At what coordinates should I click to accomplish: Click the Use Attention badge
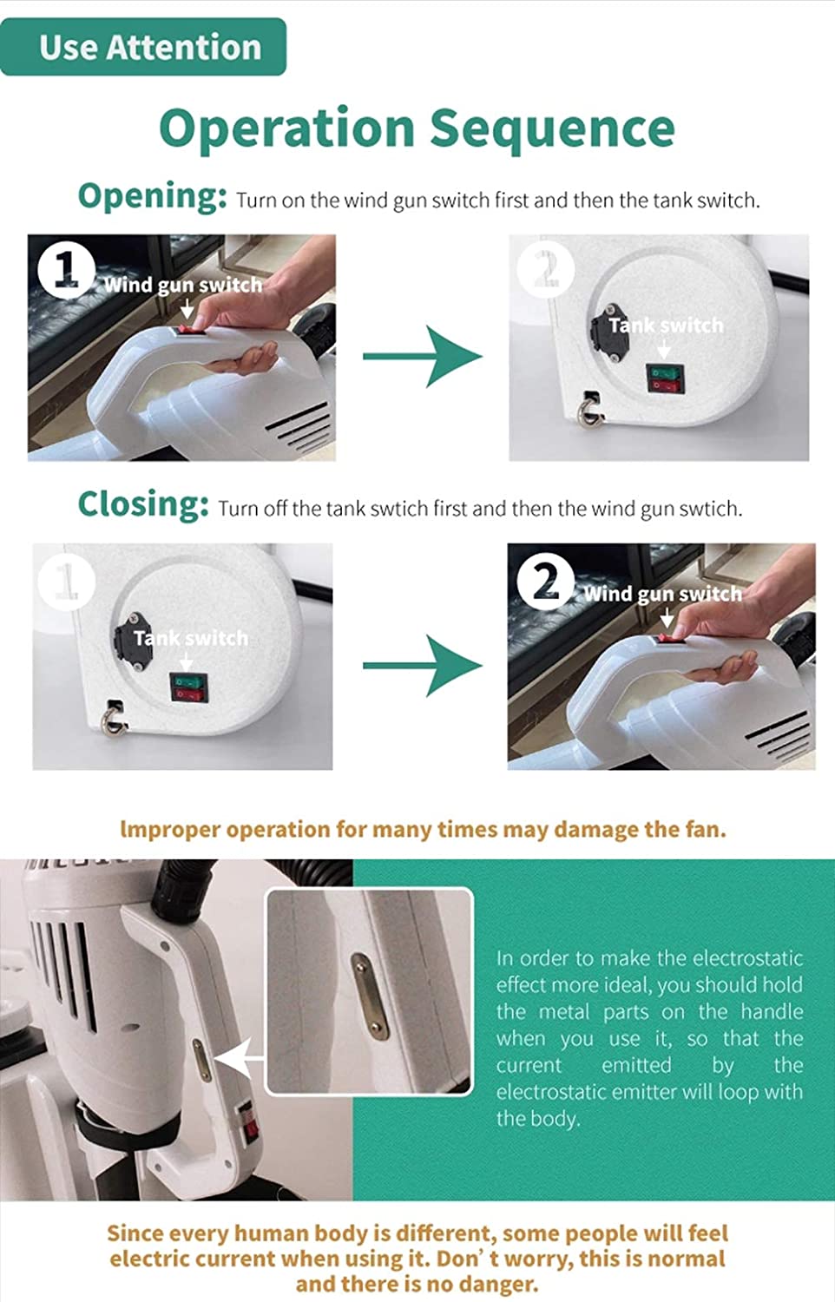coord(143,47)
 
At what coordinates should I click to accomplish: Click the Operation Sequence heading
coord(417,129)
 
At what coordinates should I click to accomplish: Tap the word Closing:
coord(143,504)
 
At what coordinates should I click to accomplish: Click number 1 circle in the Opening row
coord(66,270)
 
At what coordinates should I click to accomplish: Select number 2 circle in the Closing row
coord(546,581)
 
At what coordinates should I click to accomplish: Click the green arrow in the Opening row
coord(423,356)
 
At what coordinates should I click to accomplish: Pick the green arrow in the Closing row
coord(423,666)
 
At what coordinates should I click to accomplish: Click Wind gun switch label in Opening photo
coord(182,286)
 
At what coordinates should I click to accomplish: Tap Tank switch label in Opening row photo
coord(666,325)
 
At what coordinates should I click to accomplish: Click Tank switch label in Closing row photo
coord(191,638)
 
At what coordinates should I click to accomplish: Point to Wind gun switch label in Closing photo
coord(662,594)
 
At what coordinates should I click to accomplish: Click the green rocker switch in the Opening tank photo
coord(665,372)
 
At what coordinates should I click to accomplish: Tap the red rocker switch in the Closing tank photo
coord(187,694)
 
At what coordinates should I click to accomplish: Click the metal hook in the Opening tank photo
coord(588,411)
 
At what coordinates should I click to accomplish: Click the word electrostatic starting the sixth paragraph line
coord(549,1092)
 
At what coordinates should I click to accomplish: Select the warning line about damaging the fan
coord(423,829)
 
